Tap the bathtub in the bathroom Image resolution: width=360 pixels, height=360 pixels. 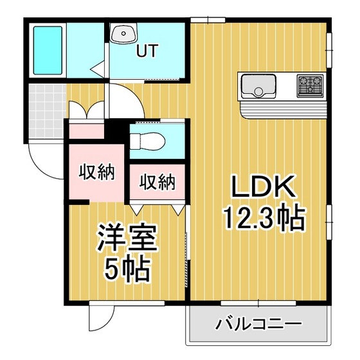48,50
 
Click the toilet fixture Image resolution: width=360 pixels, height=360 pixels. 147,141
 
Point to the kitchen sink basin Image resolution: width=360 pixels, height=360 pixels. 258,86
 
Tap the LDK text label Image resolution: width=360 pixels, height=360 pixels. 264,186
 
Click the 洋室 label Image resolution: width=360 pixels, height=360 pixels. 127,238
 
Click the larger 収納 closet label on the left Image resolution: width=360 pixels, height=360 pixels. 96,172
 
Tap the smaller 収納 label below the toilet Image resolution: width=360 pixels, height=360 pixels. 157,182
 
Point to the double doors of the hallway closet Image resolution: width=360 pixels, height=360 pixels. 87,110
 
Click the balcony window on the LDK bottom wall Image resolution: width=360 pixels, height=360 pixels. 258,303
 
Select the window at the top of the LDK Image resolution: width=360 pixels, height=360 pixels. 208,20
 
